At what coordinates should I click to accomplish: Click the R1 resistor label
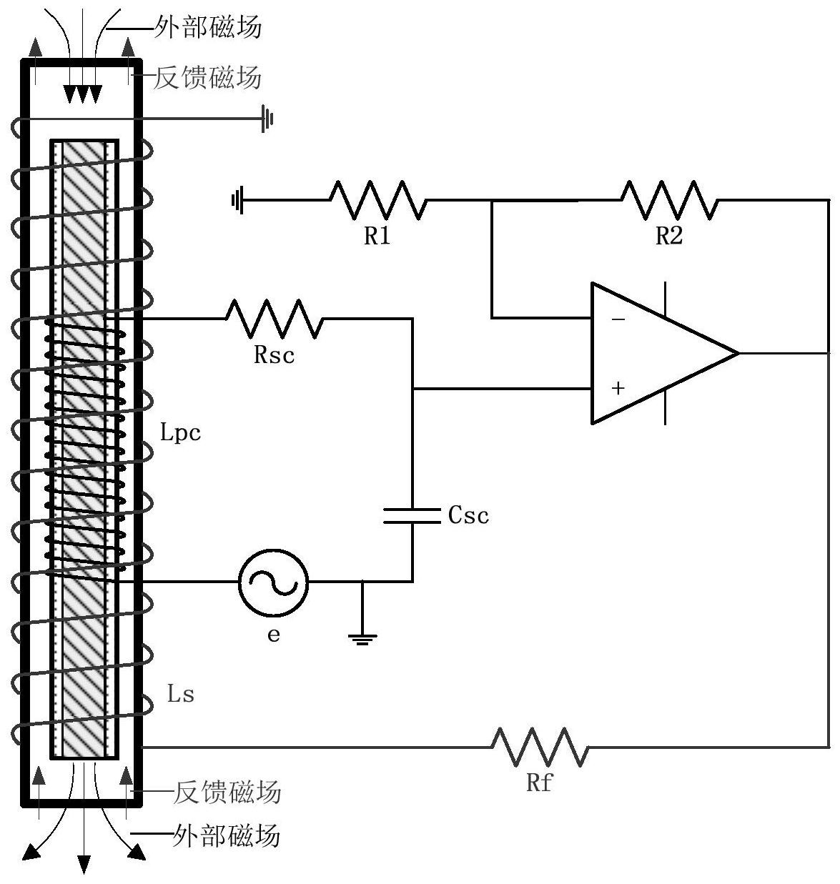pyautogui.click(x=377, y=236)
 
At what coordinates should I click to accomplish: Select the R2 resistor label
pyautogui.click(x=668, y=236)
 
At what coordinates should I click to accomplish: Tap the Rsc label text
pyautogui.click(x=274, y=354)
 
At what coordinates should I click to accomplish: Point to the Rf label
pyautogui.click(x=539, y=783)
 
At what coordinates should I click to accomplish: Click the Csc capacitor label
pyautogui.click(x=468, y=515)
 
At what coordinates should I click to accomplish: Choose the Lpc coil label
pyautogui.click(x=180, y=432)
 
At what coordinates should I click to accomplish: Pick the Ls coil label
pyautogui.click(x=180, y=693)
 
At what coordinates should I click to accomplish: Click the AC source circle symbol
pyautogui.click(x=274, y=582)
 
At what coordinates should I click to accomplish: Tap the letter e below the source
pyautogui.click(x=274, y=635)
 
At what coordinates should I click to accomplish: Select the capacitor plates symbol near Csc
pyautogui.click(x=412, y=516)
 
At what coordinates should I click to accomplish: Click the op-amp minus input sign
pyautogui.click(x=618, y=319)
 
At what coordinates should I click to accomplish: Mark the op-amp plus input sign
pyautogui.click(x=618, y=387)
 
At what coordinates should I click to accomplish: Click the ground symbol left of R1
pyautogui.click(x=237, y=199)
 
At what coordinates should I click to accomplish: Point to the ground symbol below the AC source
pyautogui.click(x=362, y=640)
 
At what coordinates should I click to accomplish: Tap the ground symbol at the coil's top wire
pyautogui.click(x=267, y=119)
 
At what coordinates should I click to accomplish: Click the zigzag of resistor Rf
pyautogui.click(x=539, y=747)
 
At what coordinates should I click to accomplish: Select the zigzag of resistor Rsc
pyautogui.click(x=274, y=319)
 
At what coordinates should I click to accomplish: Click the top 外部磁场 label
pyautogui.click(x=208, y=27)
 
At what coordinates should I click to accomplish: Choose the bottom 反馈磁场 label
pyautogui.click(x=227, y=792)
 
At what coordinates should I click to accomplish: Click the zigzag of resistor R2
pyautogui.click(x=669, y=200)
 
